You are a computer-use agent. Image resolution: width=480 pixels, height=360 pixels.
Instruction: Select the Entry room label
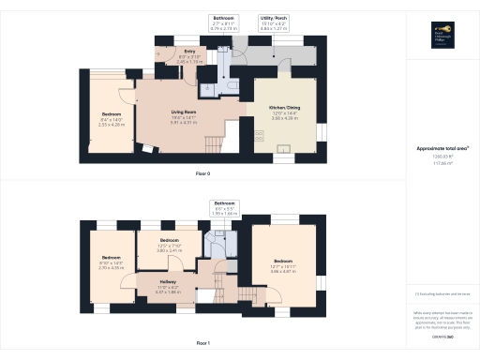coord(189,54)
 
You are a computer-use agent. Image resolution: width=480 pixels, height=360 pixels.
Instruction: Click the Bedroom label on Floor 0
coord(112,118)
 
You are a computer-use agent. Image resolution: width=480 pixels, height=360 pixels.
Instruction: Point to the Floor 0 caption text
coord(202,174)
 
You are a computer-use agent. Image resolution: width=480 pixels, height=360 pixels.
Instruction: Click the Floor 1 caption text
coord(202,343)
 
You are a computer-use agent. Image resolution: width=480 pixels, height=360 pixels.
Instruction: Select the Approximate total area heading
coord(442,149)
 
